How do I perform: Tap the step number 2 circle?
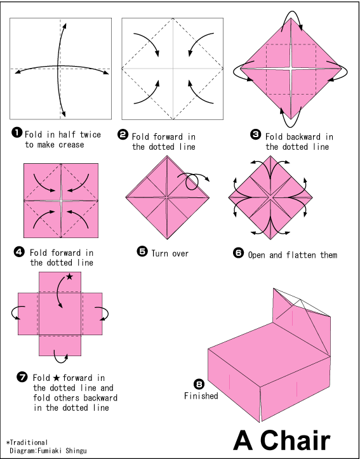point(123,135)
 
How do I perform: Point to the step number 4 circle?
point(19,252)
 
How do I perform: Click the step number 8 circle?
point(200,384)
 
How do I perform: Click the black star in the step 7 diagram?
point(70,277)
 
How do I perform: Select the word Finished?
point(201,396)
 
